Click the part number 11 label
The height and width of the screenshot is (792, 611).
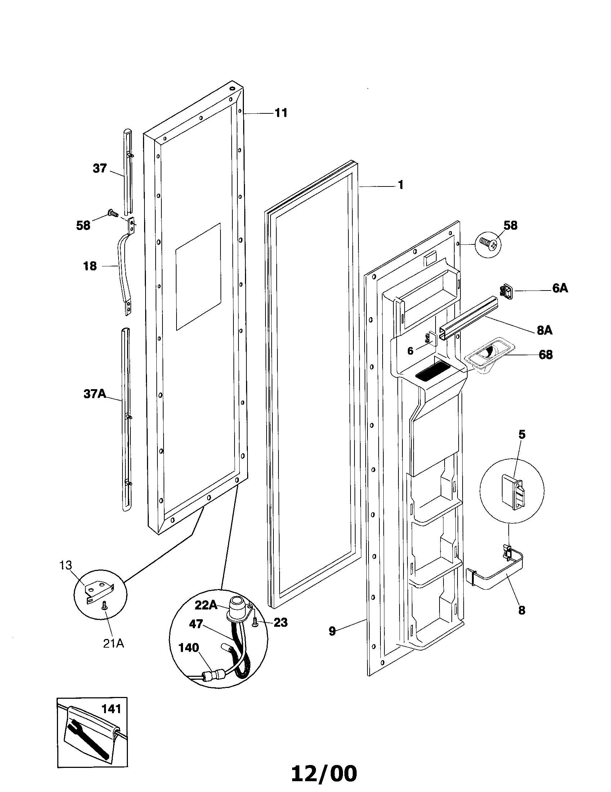pyautogui.click(x=281, y=113)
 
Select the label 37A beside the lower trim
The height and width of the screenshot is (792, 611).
pyautogui.click(x=95, y=394)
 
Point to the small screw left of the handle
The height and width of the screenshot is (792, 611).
pyautogui.click(x=112, y=213)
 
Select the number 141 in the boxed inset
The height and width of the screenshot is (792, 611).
pyautogui.click(x=111, y=708)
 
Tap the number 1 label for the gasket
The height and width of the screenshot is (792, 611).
pyautogui.click(x=400, y=185)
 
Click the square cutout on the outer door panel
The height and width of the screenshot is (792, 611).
pyautogui.click(x=198, y=276)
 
